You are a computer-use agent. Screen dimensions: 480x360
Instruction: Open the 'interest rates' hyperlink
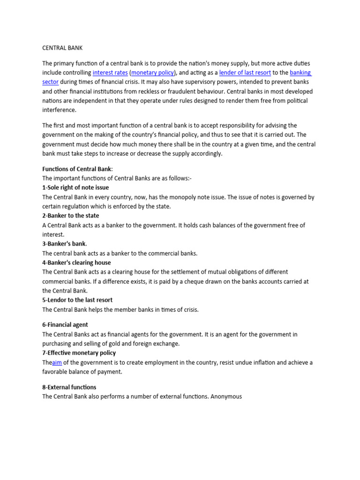pos(110,73)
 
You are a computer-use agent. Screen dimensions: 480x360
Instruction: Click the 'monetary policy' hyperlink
pos(153,73)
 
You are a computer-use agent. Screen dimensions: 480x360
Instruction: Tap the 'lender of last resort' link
pos(245,73)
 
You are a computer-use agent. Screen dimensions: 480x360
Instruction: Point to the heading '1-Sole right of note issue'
pos(75,187)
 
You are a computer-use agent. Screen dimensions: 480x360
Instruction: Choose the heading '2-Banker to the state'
pos(70,216)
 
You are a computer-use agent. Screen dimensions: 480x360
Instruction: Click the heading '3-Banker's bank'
pos(64,244)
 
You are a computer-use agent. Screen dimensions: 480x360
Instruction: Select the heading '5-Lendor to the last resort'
pos(77,300)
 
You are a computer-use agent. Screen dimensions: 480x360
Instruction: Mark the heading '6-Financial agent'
pos(65,324)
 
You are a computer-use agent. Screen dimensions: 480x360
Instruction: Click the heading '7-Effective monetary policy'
pos(79,352)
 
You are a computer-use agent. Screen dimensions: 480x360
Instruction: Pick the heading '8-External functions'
pos(69,387)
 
